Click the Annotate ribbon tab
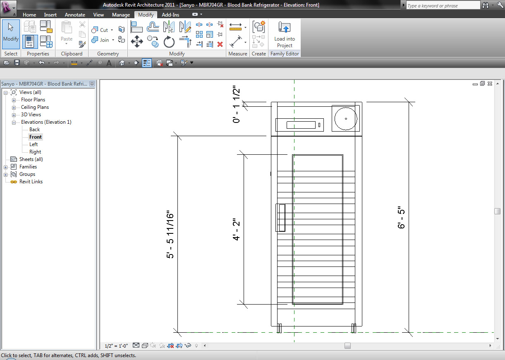tap(75, 15)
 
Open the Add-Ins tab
tap(171, 15)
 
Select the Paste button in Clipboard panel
tap(67, 32)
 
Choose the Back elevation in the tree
tap(34, 130)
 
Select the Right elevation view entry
tap(35, 152)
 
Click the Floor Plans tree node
tap(33, 100)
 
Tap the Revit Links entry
tap(31, 182)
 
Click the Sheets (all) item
tap(31, 159)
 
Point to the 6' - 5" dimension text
tap(401, 217)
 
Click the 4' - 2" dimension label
tap(237, 230)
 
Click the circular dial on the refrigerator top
tap(345, 118)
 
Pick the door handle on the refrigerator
tap(281, 218)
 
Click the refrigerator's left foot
tap(279, 328)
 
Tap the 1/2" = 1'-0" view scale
tap(116, 346)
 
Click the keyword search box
tap(443, 6)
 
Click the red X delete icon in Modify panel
tap(220, 44)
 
